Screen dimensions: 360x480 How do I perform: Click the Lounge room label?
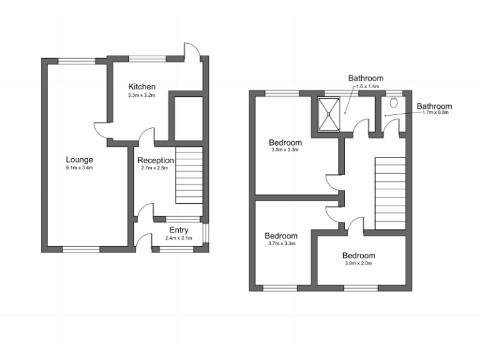[x=79, y=159]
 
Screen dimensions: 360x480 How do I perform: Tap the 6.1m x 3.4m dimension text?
[x=79, y=168]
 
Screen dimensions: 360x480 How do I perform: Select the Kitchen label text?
[x=142, y=86]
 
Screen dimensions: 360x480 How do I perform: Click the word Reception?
[x=156, y=160]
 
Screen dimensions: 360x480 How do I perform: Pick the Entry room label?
[x=179, y=229]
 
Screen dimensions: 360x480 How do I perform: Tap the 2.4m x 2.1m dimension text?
[x=179, y=238]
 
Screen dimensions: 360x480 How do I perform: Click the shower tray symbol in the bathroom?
[x=327, y=114]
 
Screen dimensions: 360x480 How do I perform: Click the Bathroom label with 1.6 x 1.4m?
[x=365, y=78]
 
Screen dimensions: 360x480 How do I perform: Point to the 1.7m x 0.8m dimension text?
[x=435, y=112]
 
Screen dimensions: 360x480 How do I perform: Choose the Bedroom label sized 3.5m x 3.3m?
[x=286, y=142]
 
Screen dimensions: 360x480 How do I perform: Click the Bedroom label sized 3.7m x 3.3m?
[x=281, y=236]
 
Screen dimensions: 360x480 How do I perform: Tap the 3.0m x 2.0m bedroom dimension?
[x=358, y=264]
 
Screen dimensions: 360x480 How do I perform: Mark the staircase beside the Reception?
[x=189, y=175]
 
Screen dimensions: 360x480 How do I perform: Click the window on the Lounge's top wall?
[x=77, y=61]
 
